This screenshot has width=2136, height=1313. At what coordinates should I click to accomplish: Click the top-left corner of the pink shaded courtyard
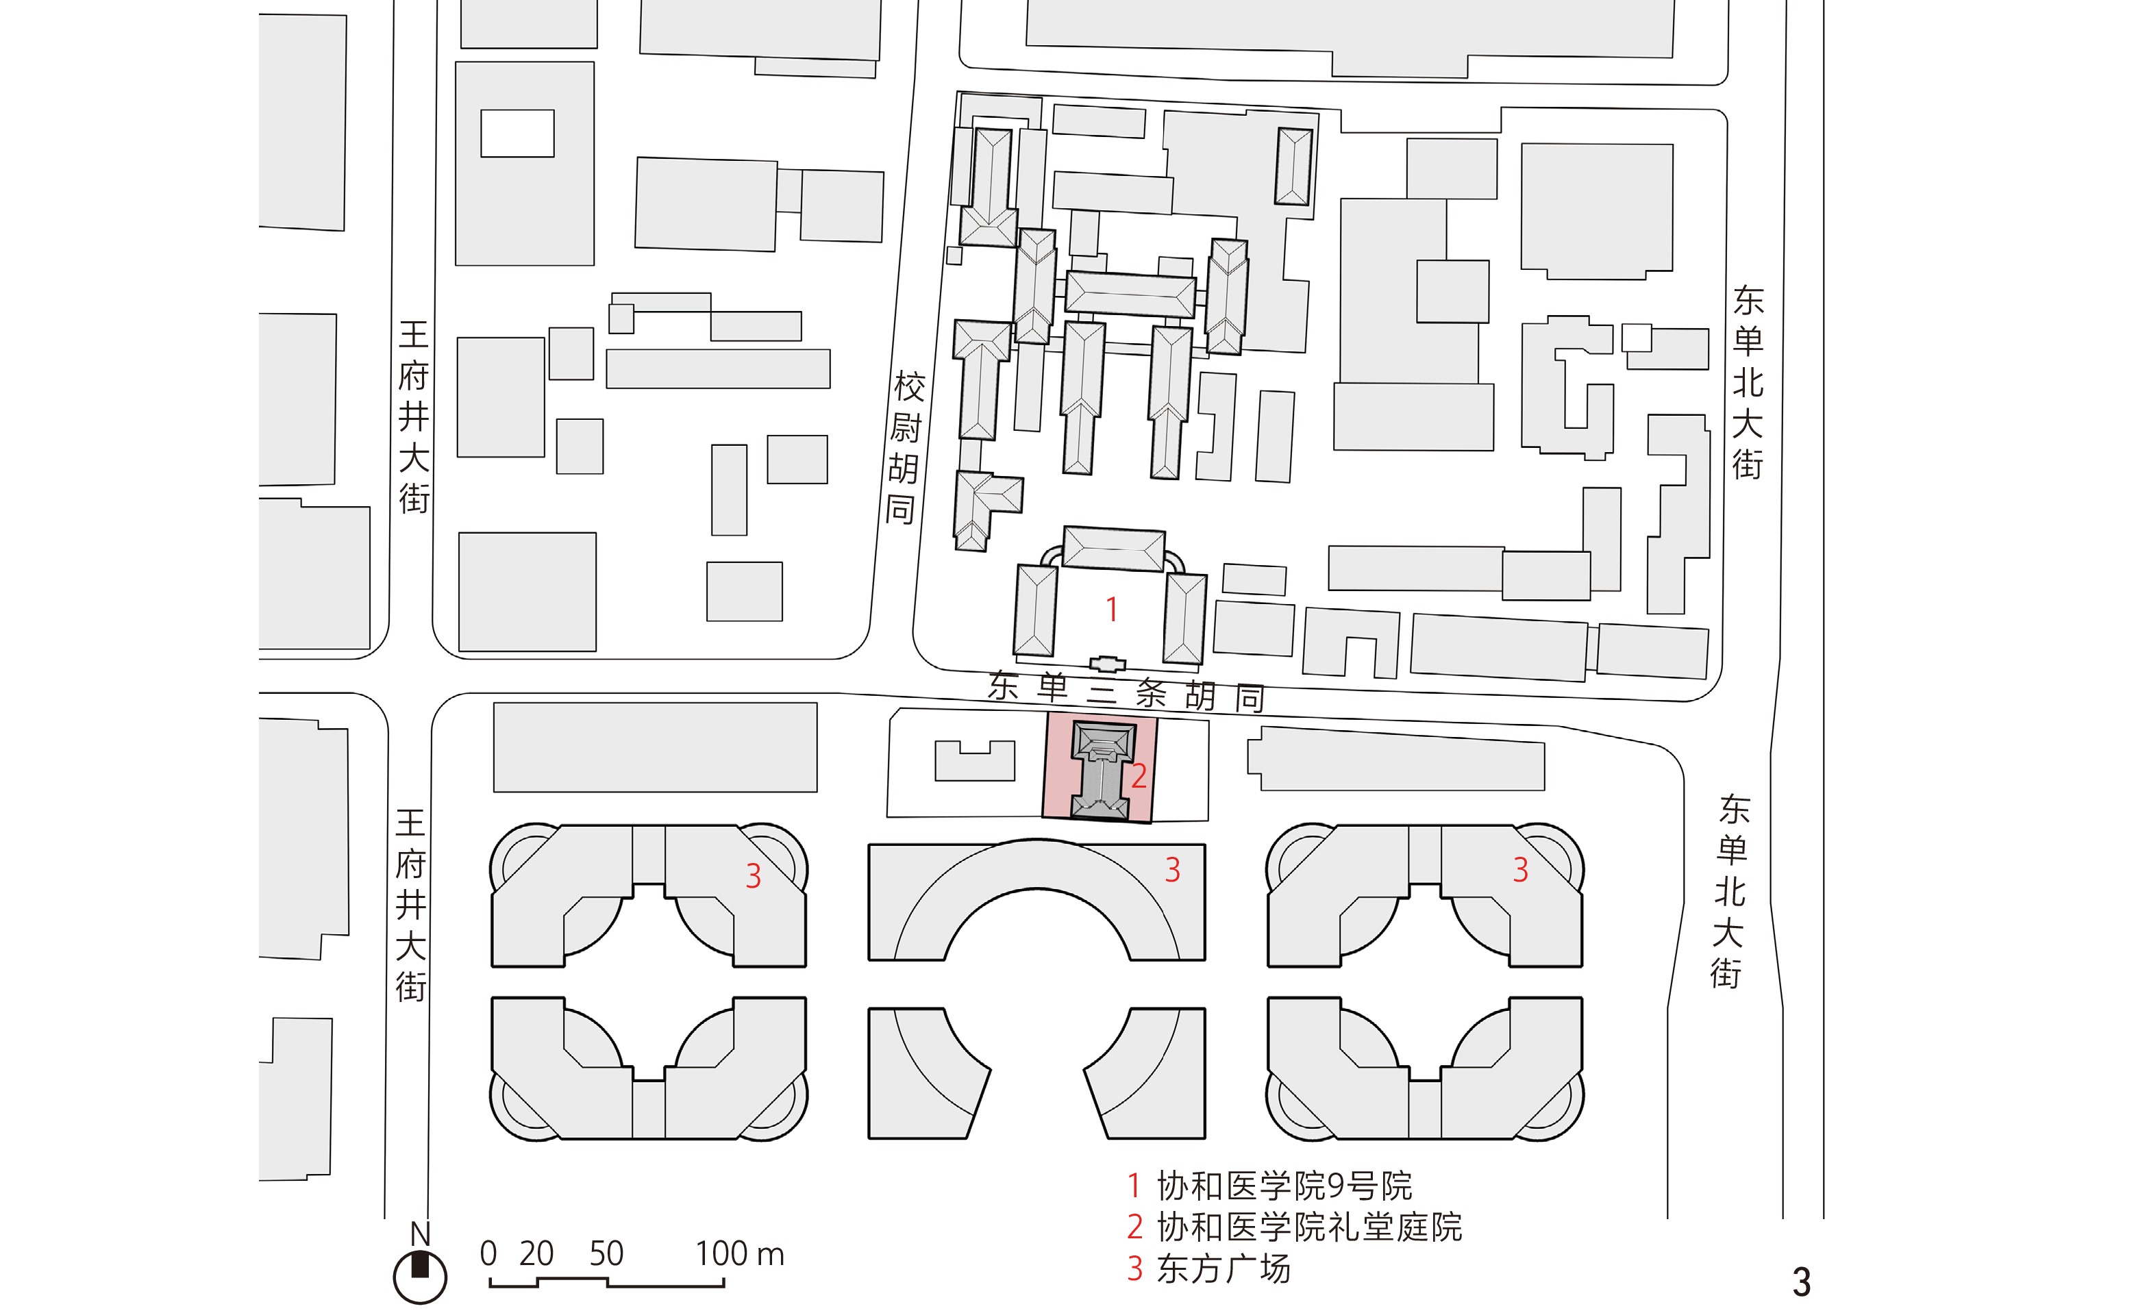(1047, 713)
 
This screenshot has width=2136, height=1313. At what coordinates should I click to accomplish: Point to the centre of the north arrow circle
(420, 1277)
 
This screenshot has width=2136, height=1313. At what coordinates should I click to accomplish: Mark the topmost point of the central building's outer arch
(1036, 839)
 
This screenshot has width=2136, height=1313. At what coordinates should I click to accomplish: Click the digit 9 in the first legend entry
(1337, 1186)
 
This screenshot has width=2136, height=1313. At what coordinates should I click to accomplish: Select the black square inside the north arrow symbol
(420, 1265)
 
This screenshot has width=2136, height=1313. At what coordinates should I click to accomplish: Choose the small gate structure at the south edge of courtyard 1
(1107, 664)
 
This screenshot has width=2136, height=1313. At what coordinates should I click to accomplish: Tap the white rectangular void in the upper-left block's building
(517, 133)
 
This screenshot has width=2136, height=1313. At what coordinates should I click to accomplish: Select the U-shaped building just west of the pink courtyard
(974, 761)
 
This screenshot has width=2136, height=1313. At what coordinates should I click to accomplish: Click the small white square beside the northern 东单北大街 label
(1637, 338)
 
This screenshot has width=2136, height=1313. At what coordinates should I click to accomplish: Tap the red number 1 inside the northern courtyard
(1111, 610)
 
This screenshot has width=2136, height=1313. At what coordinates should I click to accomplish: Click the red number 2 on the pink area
(1139, 775)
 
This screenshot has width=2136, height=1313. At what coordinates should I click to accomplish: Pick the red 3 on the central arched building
(1172, 869)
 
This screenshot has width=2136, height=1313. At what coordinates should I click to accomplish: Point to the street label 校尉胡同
(904, 448)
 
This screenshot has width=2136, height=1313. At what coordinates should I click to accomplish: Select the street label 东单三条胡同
(1126, 692)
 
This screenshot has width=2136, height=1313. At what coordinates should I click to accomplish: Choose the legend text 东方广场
(1224, 1268)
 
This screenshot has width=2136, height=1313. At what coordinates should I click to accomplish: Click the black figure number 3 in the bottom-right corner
(1802, 1281)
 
